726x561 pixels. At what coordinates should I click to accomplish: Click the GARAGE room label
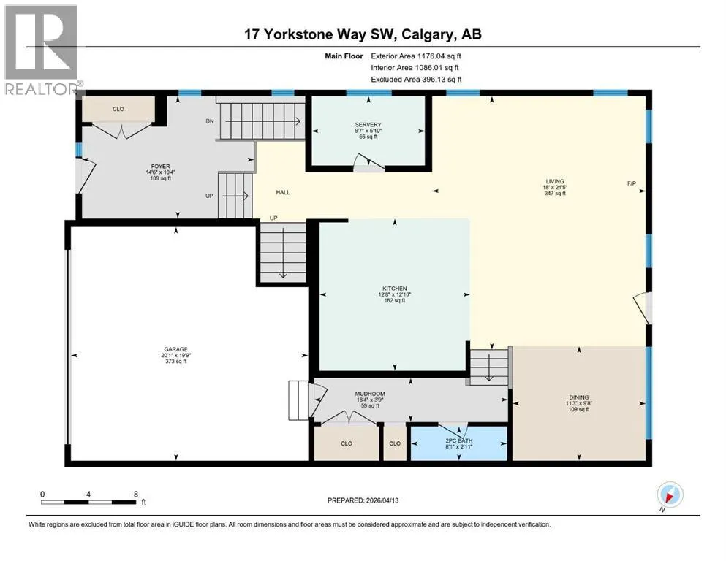[176, 349]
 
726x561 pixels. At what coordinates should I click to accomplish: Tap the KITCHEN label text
[395, 288]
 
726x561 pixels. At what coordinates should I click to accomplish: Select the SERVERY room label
[368, 124]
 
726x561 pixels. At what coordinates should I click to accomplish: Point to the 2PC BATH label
[459, 440]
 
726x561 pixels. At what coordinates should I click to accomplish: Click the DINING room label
[579, 397]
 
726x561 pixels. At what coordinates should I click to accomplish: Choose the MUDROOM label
[371, 394]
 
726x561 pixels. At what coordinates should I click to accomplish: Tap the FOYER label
[160, 166]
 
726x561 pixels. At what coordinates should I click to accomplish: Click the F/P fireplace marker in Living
[632, 183]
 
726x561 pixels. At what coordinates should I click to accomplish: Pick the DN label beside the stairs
[210, 121]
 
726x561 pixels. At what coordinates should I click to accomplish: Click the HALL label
[283, 192]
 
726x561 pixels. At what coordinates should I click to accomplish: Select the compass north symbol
[670, 495]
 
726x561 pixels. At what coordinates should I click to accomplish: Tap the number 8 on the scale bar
[136, 494]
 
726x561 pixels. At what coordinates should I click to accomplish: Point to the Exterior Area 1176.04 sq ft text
[416, 56]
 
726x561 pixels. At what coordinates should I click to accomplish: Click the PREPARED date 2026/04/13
[382, 500]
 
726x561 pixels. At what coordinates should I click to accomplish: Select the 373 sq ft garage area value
[176, 361]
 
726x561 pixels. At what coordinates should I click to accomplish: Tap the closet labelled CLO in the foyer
[118, 109]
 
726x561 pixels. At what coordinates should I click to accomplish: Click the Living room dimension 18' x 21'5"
[555, 187]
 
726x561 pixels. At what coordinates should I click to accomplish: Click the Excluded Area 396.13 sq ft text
[416, 79]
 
